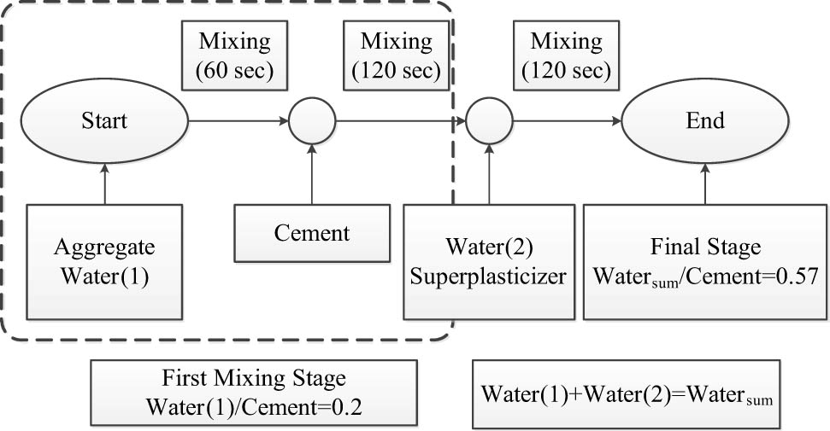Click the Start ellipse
pyautogui.click(x=104, y=121)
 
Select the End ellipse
pyautogui.click(x=705, y=121)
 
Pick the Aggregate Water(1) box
pyautogui.click(x=104, y=262)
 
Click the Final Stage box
pyautogui.click(x=705, y=262)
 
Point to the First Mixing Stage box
pyautogui.click(x=254, y=393)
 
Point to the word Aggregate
pyautogui.click(x=104, y=248)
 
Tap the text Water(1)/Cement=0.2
pyautogui.click(x=254, y=406)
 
